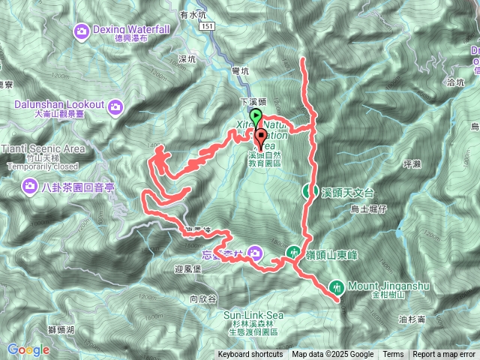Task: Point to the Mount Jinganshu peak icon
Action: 337,286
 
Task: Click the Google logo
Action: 28,349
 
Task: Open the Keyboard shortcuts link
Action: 250,355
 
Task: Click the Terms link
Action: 393,355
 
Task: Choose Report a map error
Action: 445,355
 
